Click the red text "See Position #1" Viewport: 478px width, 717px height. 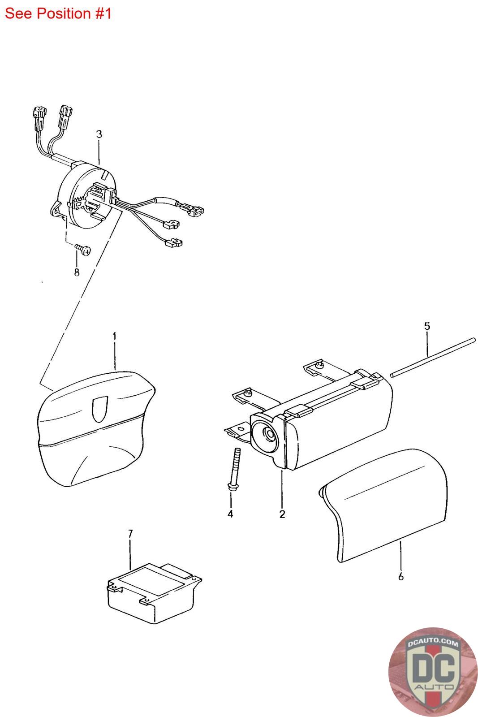point(58,14)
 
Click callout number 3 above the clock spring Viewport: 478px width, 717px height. point(99,134)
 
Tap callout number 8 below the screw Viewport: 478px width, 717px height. point(77,272)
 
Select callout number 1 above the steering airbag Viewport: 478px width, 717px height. point(115,337)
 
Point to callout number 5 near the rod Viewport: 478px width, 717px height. point(427,326)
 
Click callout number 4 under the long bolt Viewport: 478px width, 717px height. point(230,514)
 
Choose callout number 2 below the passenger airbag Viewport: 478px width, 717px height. point(282,514)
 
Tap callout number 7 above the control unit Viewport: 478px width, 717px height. point(130,534)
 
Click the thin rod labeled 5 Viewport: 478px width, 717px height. point(433,357)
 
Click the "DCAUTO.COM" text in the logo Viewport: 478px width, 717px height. point(433,642)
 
